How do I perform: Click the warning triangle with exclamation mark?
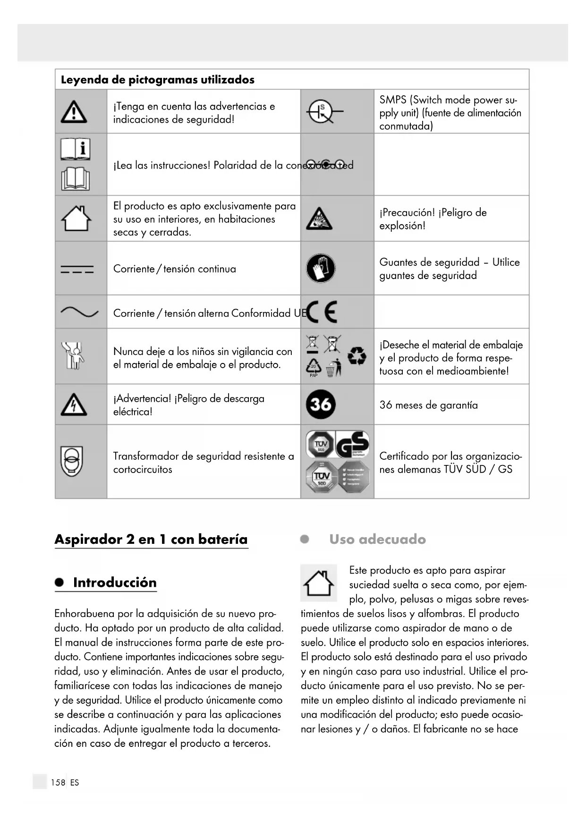coord(74,112)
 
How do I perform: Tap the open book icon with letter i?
coord(75,149)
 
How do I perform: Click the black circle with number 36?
coord(321,405)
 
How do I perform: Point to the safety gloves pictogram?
coord(321,268)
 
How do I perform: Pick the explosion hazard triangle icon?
coord(319,219)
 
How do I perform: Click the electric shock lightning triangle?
coord(74,405)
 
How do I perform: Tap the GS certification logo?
coord(352,444)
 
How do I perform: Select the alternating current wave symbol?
coord(79,312)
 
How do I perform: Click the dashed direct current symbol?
coord(77,269)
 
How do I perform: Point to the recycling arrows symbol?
coord(357,356)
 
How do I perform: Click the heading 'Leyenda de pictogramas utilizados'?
coord(158,79)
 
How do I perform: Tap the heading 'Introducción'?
coord(115,583)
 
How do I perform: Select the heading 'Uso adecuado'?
coord(377,539)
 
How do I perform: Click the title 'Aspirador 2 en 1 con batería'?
coord(151,539)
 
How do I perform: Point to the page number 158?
coord(58,782)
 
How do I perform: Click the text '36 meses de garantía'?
coord(428,405)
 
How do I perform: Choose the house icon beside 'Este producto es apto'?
coord(319,583)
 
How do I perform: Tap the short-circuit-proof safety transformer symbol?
coord(72,461)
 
